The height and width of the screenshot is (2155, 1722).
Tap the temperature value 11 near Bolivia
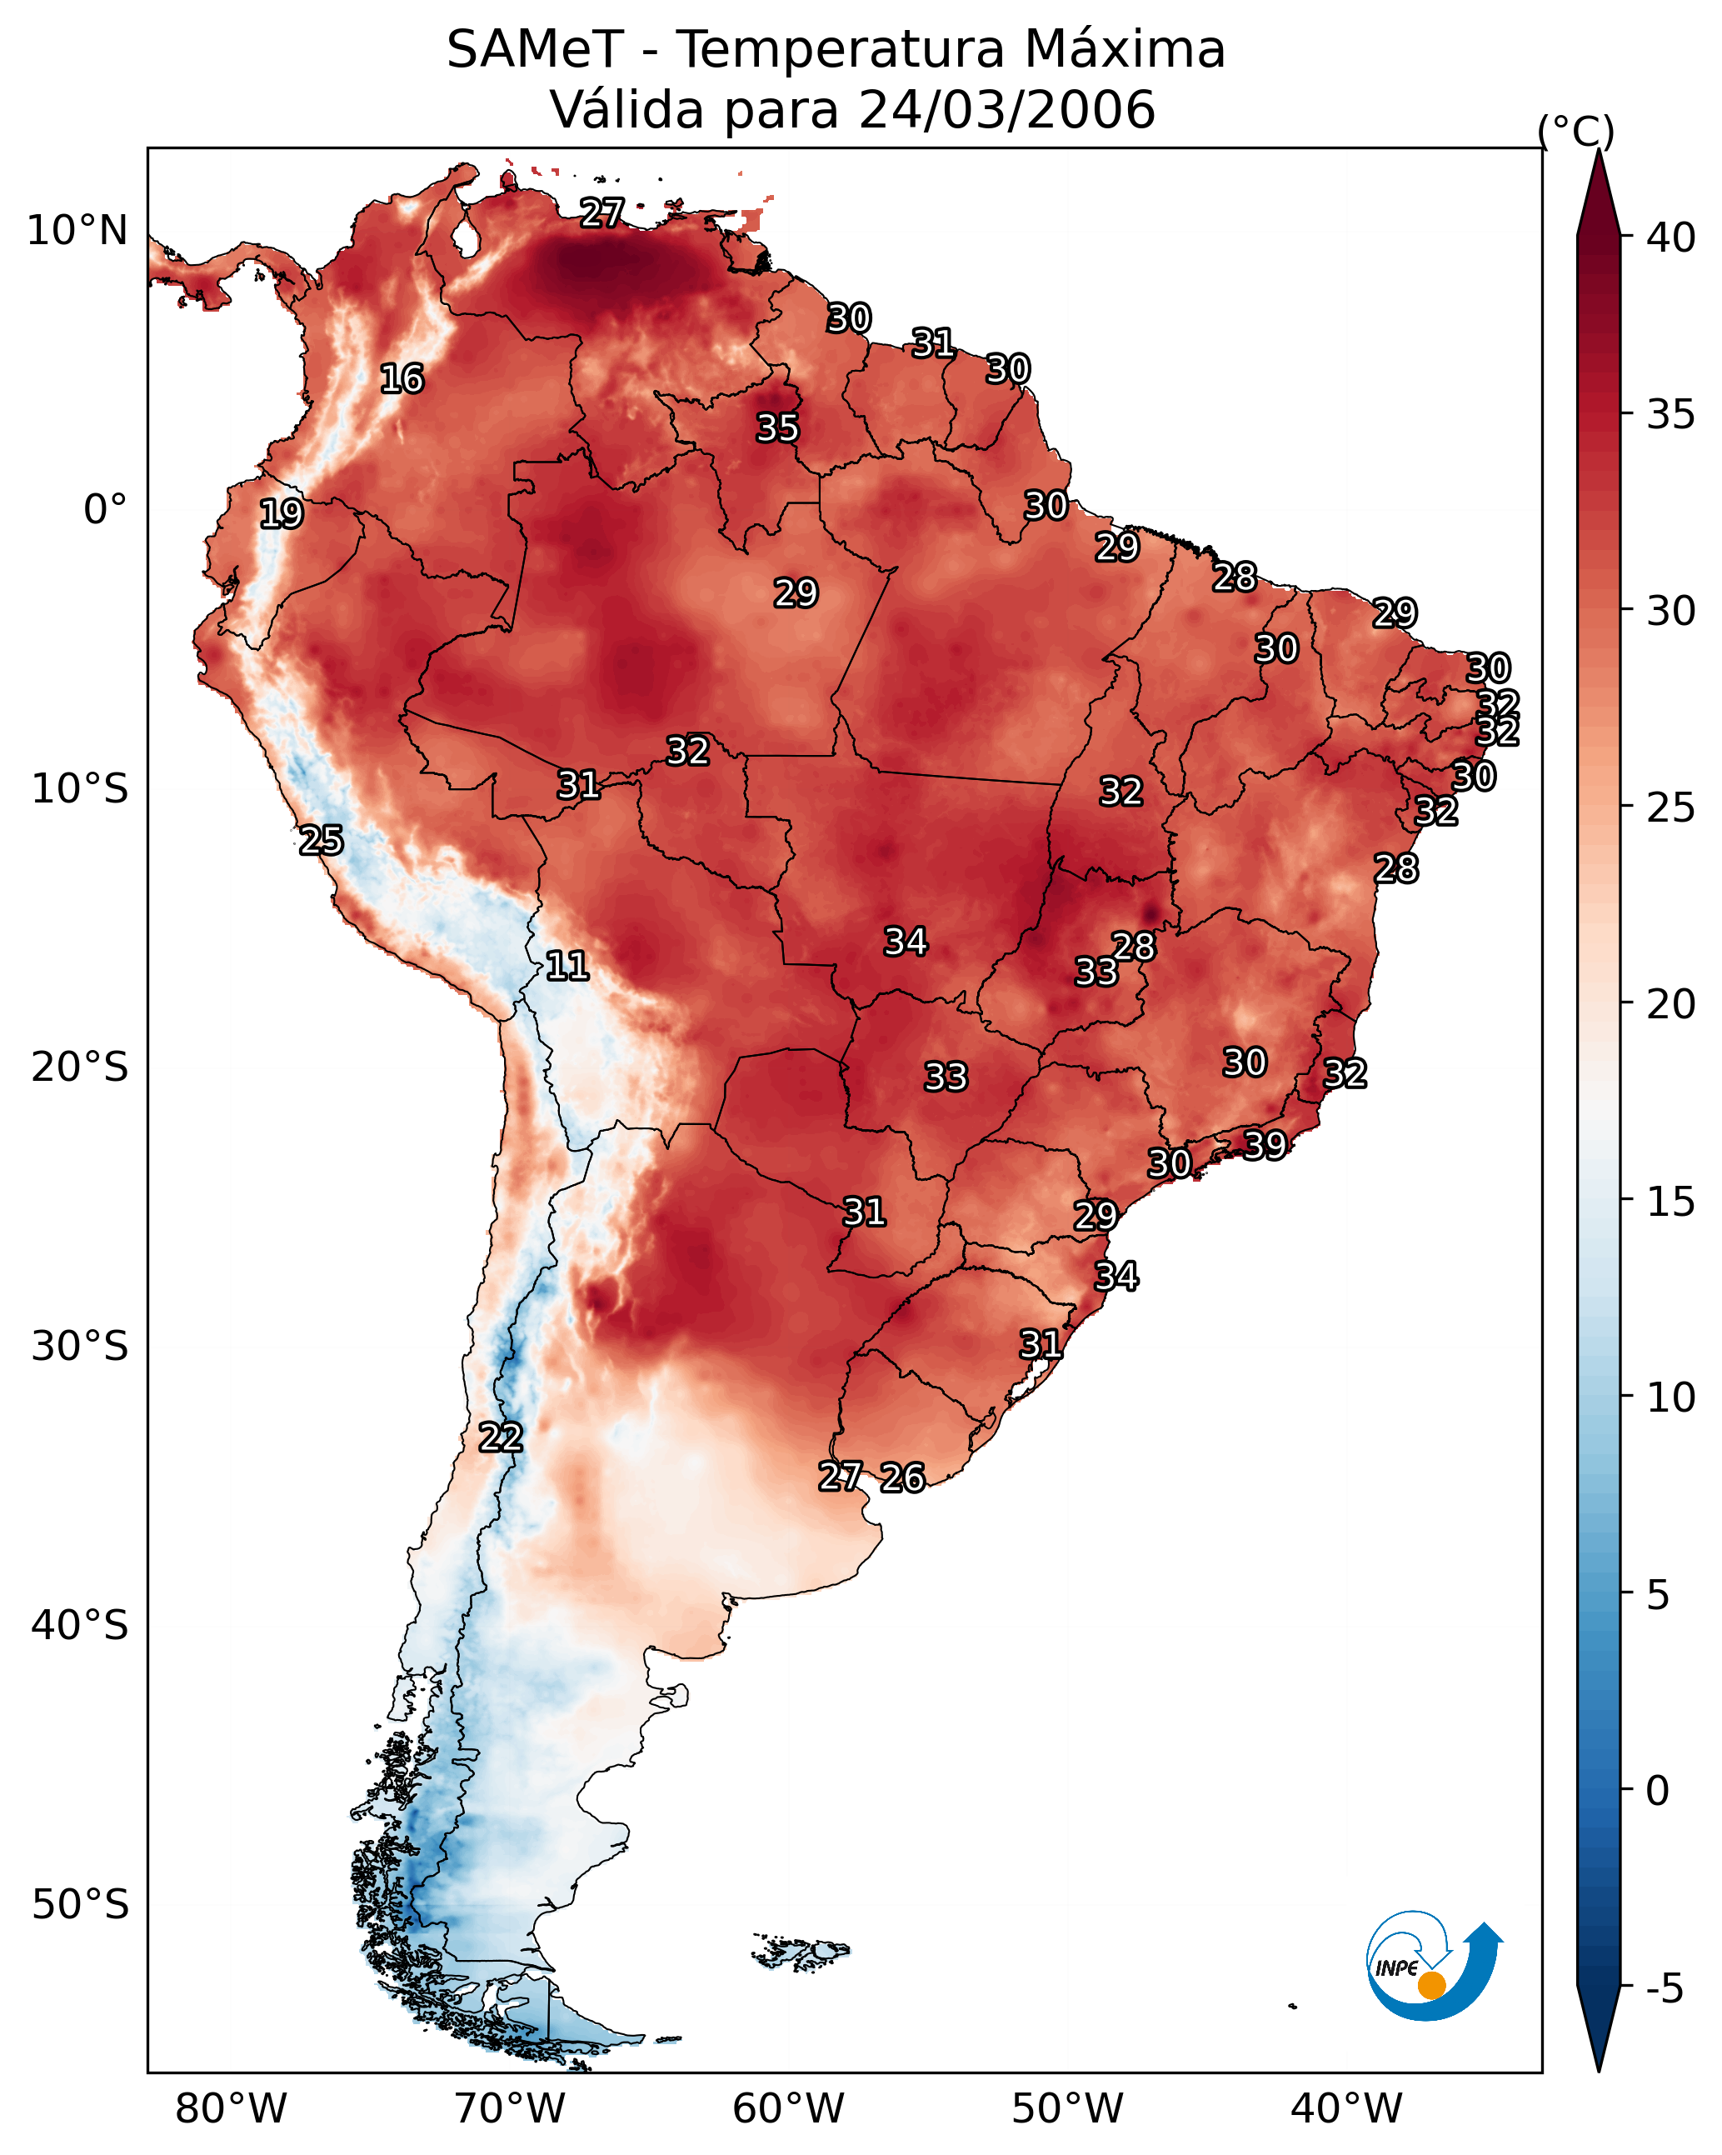click(x=567, y=966)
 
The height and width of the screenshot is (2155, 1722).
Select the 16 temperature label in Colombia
click(x=402, y=379)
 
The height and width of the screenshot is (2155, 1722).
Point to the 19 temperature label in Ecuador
click(x=281, y=514)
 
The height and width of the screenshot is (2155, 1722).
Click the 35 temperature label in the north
click(x=777, y=427)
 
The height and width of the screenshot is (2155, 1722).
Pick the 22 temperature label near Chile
click(x=500, y=1437)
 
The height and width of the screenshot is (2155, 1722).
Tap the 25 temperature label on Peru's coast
click(x=321, y=841)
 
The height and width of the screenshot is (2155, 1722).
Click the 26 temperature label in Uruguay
click(x=902, y=1477)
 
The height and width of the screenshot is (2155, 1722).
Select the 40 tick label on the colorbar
click(x=1671, y=237)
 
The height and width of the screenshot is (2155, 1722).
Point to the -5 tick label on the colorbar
click(x=1664, y=1988)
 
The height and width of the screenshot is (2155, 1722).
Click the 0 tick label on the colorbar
click(x=1657, y=1791)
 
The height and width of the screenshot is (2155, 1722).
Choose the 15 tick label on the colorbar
click(x=1671, y=1202)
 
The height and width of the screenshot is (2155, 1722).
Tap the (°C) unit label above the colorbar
click(x=1575, y=130)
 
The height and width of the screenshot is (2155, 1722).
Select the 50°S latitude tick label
click(x=80, y=1905)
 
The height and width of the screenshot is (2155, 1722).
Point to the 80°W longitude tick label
click(x=231, y=2108)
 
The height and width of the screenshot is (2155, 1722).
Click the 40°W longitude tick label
click(x=1346, y=2108)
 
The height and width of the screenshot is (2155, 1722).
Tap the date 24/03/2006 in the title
click(x=1006, y=110)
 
